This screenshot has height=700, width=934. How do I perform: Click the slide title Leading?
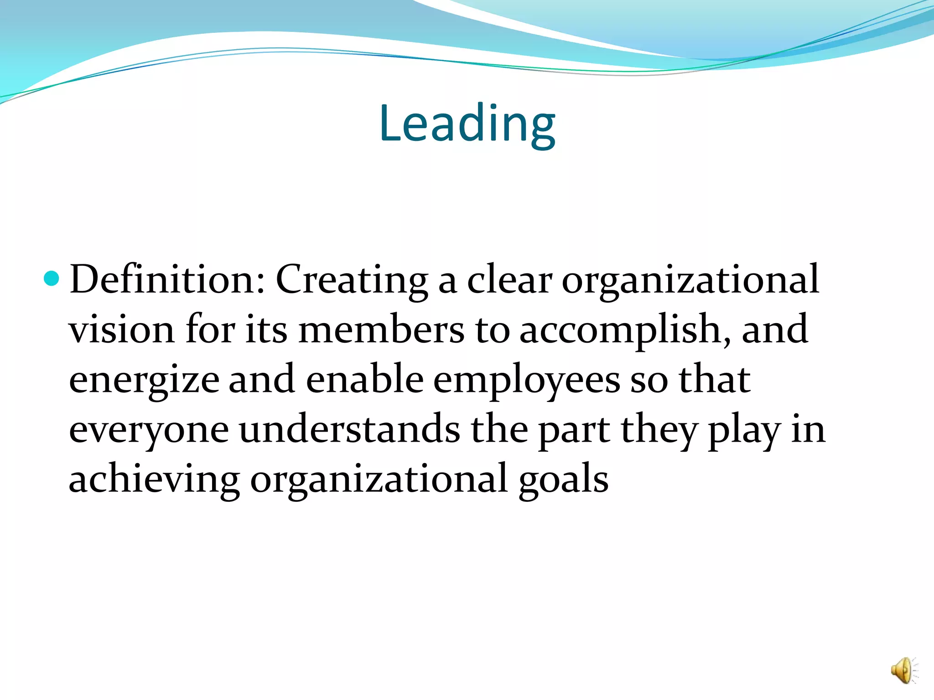(x=467, y=124)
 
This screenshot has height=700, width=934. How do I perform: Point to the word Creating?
(x=352, y=280)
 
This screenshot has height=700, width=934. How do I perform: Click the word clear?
(x=509, y=280)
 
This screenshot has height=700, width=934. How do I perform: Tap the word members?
(x=381, y=329)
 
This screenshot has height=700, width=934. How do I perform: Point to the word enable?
(x=365, y=379)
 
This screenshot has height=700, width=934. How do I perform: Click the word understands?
(x=350, y=429)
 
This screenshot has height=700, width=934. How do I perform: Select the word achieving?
(x=154, y=479)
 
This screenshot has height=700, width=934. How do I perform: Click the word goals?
(x=564, y=480)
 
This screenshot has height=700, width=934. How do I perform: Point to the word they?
(x=659, y=430)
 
